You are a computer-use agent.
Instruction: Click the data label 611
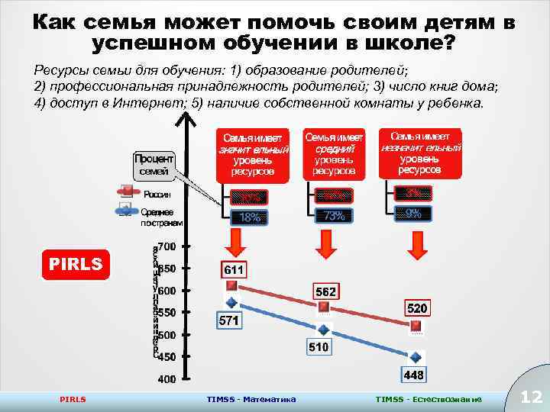pos(235,270)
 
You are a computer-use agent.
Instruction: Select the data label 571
pos(229,321)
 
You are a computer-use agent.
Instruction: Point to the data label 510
pos(319,347)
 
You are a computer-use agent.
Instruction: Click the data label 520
pos(417,308)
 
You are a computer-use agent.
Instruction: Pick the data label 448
pos(414,375)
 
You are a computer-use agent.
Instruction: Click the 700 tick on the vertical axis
pos(167,246)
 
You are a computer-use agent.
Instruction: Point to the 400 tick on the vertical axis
pos(167,378)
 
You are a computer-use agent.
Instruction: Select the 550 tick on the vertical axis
pos(167,312)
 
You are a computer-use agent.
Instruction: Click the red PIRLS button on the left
pos(74,264)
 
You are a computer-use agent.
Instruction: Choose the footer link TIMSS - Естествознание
pos(429,399)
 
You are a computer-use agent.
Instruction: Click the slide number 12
pos(530,396)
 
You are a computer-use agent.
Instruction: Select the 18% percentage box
pos(250,217)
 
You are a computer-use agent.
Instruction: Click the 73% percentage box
pos(334,216)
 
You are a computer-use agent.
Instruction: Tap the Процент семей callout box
pos(154,165)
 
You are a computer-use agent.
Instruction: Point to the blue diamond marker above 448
pos(416,356)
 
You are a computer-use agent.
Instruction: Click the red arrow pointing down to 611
pos(237,243)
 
